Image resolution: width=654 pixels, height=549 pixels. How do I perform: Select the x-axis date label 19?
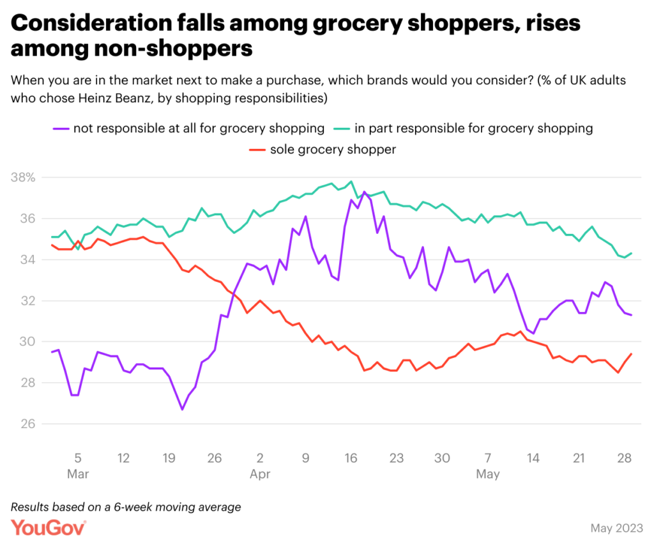[x=169, y=458]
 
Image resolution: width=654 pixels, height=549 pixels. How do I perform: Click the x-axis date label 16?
[x=351, y=458]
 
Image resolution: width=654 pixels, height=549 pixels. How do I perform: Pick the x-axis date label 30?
[x=442, y=458]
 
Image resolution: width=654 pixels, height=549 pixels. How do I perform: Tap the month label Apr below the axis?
[x=260, y=474]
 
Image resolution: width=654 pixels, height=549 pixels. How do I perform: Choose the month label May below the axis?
[x=488, y=474]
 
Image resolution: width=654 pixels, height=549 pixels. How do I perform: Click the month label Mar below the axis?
[x=78, y=474]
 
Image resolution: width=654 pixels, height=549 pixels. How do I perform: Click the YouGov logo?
[x=49, y=528]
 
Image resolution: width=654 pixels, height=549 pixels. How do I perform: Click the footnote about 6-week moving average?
[x=126, y=507]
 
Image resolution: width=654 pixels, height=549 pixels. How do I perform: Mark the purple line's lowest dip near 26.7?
[x=182, y=409]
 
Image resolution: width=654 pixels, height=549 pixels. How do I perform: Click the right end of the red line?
[x=632, y=353]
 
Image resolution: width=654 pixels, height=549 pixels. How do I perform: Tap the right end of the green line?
[x=632, y=253]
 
